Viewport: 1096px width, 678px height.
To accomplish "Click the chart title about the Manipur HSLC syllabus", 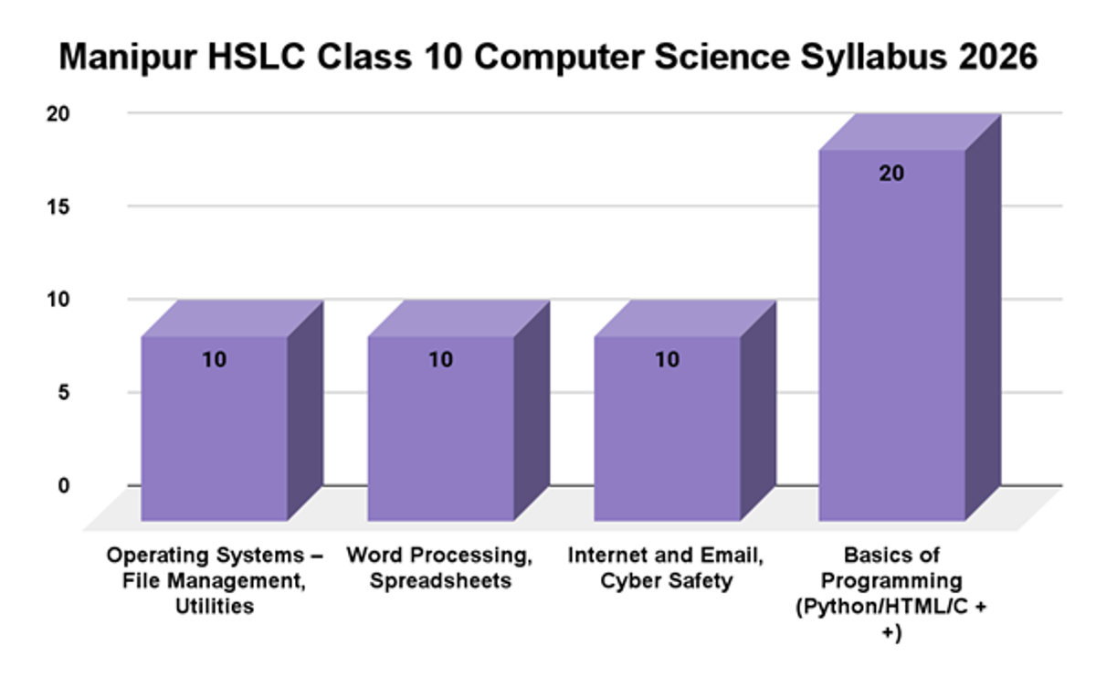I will pyautogui.click(x=548, y=57).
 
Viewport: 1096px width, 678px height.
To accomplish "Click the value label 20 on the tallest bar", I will pyautogui.click(x=892, y=174).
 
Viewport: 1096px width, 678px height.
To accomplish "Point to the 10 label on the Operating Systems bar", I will pyautogui.click(x=215, y=360).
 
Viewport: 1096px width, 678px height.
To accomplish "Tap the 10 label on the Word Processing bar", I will pyautogui.click(x=440, y=360).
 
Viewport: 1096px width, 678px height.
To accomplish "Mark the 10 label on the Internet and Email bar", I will pyautogui.click(x=667, y=360).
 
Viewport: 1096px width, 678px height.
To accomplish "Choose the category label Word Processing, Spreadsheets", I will pyautogui.click(x=440, y=567).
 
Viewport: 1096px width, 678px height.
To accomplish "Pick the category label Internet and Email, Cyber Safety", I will pyautogui.click(x=667, y=567).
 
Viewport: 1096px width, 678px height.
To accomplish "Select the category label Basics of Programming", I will pyautogui.click(x=892, y=592).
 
